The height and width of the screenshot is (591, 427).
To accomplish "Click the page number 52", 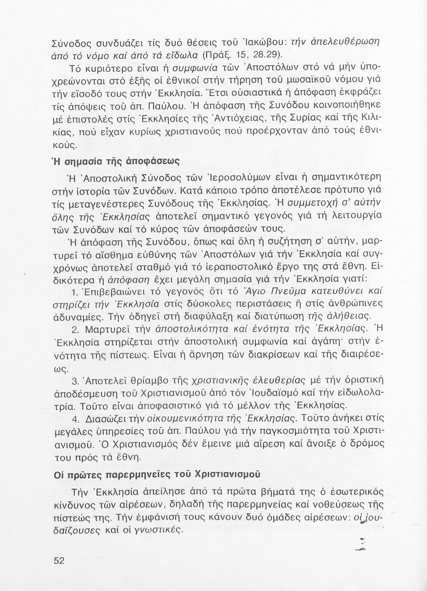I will (59, 561).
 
